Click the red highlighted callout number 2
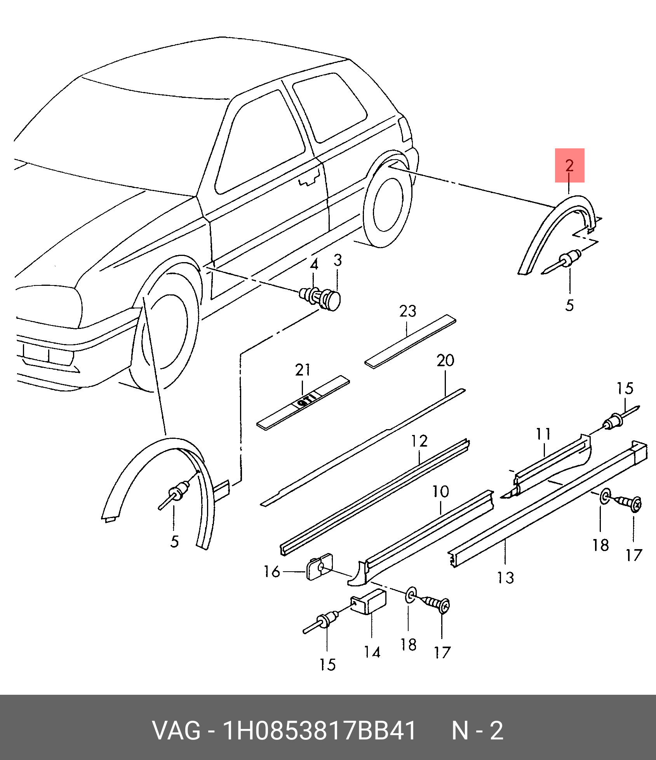coord(569,165)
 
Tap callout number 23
coord(407,311)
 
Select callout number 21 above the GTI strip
coord(303,370)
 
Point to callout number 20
coord(445,361)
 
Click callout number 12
coord(419,441)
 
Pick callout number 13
coord(506,578)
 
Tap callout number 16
coord(271,572)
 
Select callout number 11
coord(543,434)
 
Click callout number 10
coord(441,492)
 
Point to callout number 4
coord(314,264)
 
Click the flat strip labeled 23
coord(410,342)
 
